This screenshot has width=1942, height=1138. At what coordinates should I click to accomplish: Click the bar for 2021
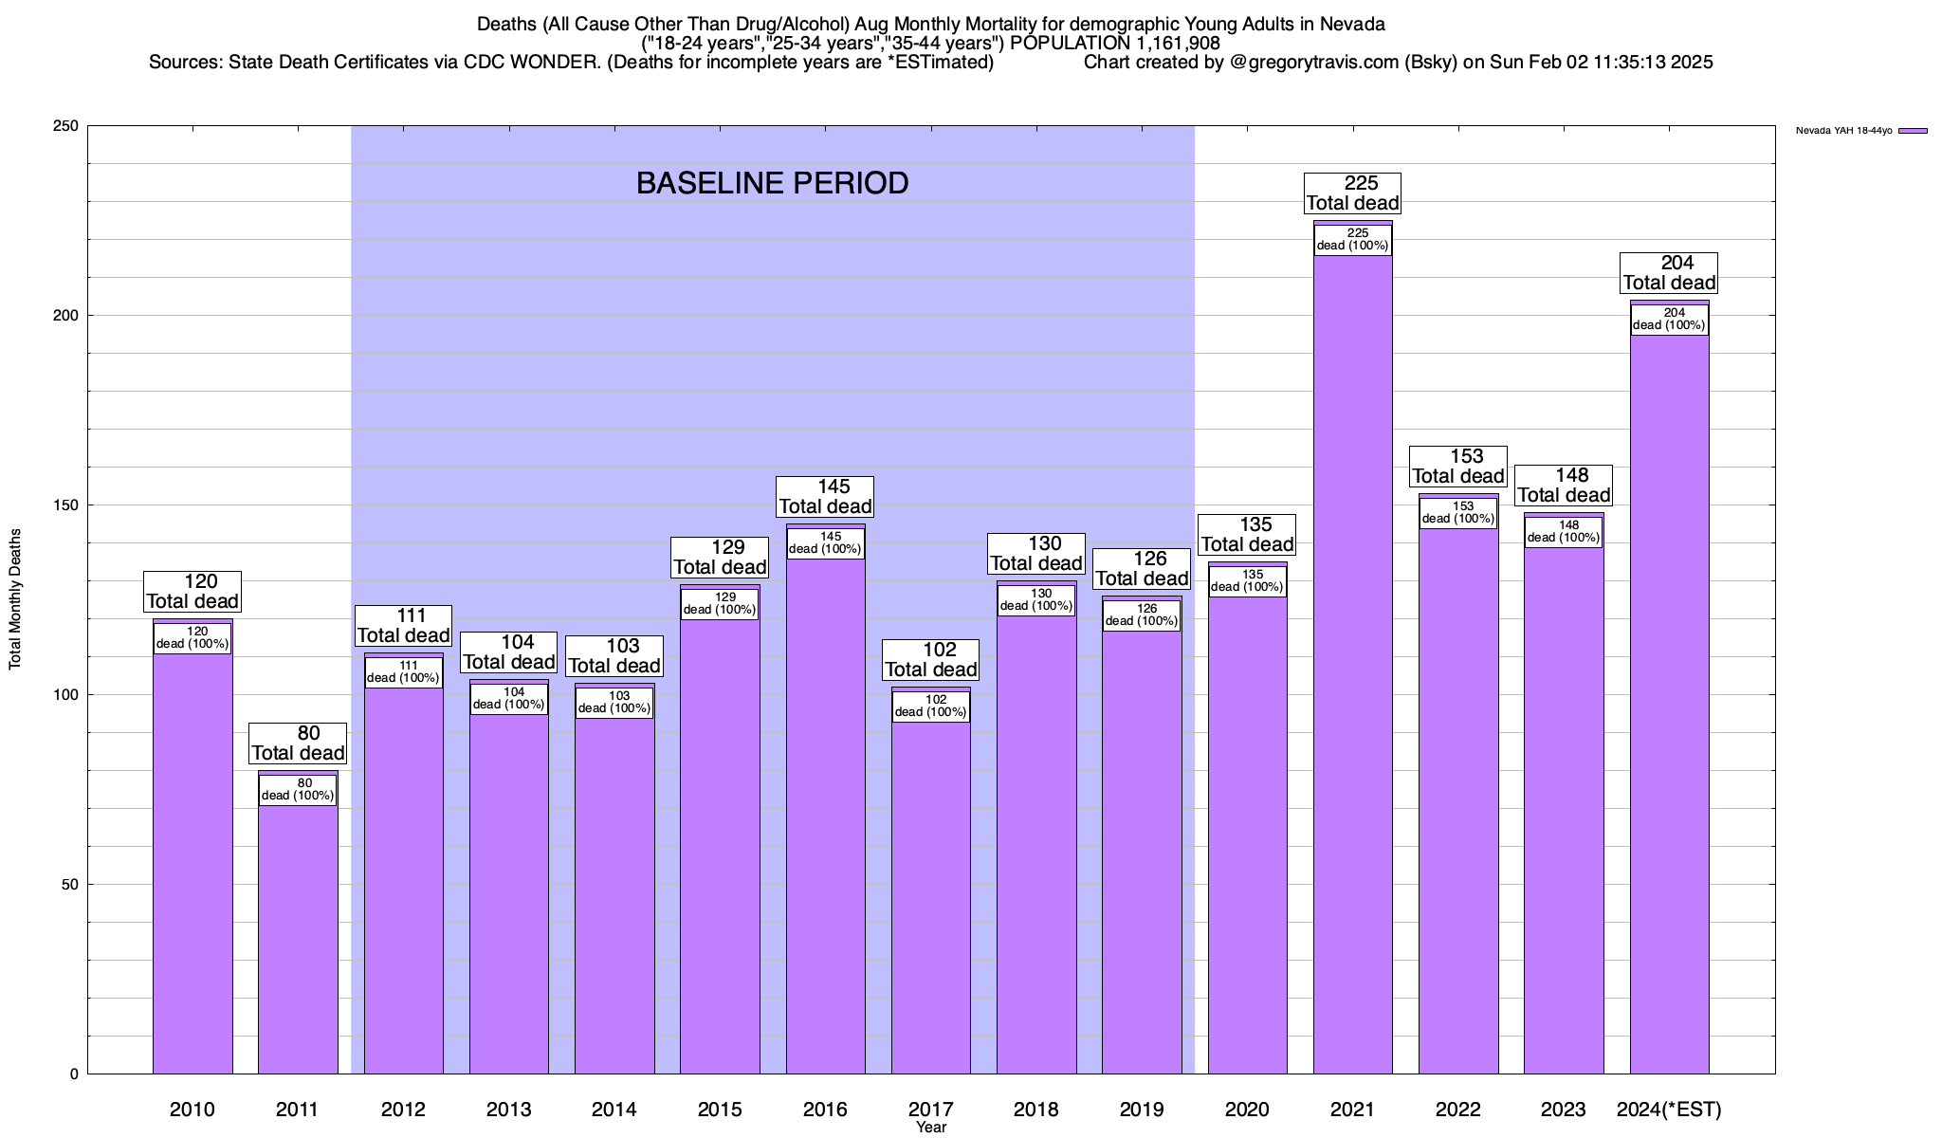(x=1352, y=664)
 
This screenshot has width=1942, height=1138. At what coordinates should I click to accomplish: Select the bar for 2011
(x=298, y=939)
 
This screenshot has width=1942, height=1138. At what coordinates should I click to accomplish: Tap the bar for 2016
(x=825, y=816)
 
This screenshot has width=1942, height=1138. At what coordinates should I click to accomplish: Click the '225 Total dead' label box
(x=1352, y=193)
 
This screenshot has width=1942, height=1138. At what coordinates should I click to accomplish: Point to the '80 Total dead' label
(x=298, y=743)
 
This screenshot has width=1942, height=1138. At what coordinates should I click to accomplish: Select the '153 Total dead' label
(x=1458, y=467)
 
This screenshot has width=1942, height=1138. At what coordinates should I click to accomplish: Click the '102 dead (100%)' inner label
(x=930, y=707)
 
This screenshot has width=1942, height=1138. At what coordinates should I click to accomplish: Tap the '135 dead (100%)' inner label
(x=1247, y=581)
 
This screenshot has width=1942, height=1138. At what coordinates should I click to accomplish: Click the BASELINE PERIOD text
(x=772, y=183)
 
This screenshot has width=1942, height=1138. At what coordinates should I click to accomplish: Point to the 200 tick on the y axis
(x=72, y=316)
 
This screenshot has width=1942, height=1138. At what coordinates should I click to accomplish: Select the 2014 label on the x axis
(x=614, y=1110)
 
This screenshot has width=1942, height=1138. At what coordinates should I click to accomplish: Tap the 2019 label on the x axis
(x=1142, y=1110)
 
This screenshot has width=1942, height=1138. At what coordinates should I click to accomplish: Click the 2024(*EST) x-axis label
(x=1669, y=1110)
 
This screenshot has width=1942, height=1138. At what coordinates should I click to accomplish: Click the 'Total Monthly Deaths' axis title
(x=15, y=599)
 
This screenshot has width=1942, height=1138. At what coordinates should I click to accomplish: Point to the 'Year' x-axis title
(x=931, y=1128)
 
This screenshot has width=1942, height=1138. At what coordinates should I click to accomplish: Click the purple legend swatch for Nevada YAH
(x=1913, y=131)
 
